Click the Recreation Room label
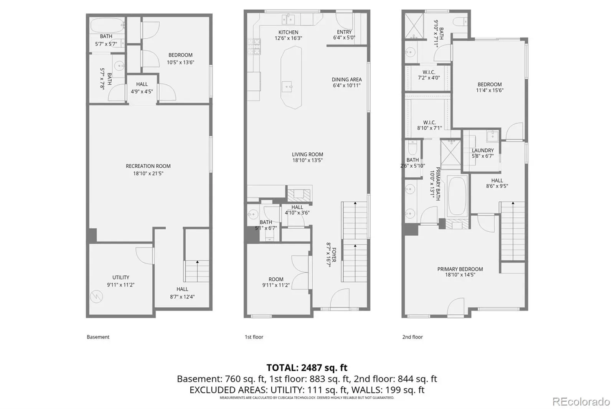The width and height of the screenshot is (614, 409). coord(148,166)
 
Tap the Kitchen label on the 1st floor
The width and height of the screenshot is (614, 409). coord(288,32)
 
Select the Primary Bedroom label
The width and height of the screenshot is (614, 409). coord(460,269)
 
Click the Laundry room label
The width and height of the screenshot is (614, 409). coord(483,150)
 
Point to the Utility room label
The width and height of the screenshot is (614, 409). coord(120,277)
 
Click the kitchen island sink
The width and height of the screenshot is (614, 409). coord(287,87)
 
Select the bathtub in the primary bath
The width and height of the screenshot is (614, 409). coord(457,196)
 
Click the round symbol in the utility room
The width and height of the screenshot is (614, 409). coord(96,296)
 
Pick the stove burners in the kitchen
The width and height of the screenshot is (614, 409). coord(254,46)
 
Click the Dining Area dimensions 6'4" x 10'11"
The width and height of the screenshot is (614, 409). coord(347,85)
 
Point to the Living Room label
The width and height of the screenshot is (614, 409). coord(307,154)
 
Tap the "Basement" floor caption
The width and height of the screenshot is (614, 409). coord(98,337)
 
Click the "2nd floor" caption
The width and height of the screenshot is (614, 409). coord(412,337)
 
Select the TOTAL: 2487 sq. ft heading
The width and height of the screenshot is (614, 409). coord(307,367)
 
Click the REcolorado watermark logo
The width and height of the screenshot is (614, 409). coord(581,402)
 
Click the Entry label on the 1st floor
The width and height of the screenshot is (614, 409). coord(344,32)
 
